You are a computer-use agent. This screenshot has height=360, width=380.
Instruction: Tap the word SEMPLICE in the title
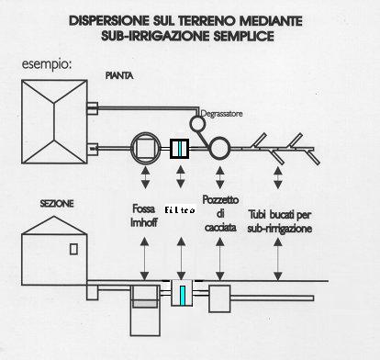point(243,36)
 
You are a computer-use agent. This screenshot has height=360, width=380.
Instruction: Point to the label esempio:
point(47,64)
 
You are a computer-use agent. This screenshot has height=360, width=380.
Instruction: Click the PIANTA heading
point(119,75)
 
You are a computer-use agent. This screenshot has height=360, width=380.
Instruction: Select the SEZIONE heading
point(57,204)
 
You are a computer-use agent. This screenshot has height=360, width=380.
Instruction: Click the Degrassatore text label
point(222,114)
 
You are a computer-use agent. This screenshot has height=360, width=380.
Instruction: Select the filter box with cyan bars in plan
point(180,149)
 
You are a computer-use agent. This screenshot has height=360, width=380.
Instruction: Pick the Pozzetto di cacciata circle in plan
point(219,148)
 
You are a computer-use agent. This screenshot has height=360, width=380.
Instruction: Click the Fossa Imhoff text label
point(144,216)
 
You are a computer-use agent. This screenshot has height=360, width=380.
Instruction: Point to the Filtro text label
point(180,210)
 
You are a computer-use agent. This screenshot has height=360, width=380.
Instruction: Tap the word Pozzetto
point(220,200)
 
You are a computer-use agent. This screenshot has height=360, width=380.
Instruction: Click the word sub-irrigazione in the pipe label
point(280,229)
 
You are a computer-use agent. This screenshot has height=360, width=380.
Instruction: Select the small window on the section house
point(73,249)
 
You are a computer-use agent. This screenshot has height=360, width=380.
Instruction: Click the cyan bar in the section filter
point(183,296)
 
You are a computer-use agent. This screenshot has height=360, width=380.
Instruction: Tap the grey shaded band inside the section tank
point(145,304)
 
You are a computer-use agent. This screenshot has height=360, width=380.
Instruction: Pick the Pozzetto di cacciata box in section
point(219,298)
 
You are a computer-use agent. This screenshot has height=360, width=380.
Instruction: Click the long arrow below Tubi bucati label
point(278,259)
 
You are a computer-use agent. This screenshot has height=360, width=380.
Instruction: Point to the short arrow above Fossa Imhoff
point(145,177)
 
